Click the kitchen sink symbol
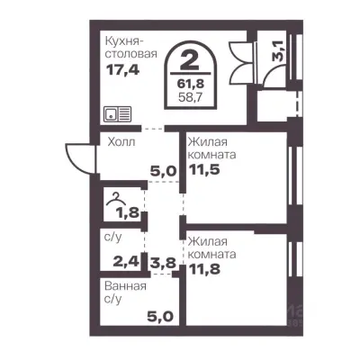[117, 114]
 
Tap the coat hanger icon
[115, 199]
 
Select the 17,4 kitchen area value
[123, 70]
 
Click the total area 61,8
[191, 84]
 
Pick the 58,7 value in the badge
[191, 97]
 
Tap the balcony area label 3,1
[277, 51]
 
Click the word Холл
[121, 141]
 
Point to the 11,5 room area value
[204, 169]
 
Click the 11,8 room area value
[204, 269]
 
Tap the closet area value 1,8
[128, 212]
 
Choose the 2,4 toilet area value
[126, 261]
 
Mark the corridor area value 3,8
[162, 263]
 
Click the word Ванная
[125, 286]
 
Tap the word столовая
[131, 54]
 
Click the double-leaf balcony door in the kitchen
[240, 62]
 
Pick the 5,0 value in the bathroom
[160, 316]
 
